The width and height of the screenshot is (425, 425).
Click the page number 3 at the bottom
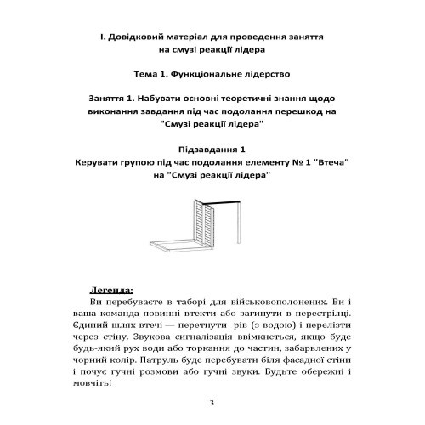(212, 402)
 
